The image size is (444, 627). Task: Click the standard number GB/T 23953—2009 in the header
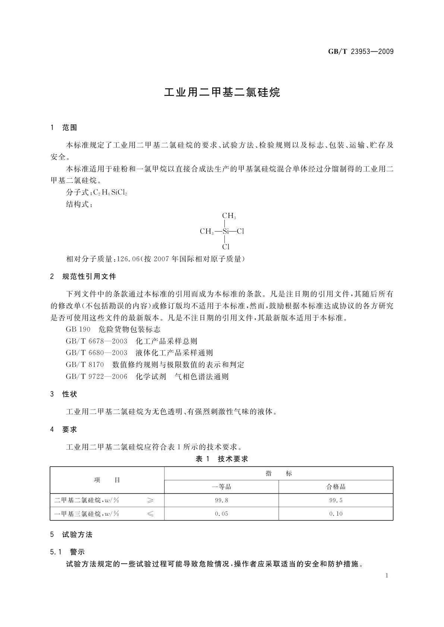pyautogui.click(x=360, y=51)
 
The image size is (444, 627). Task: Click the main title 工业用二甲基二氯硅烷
pyautogui.click(x=222, y=92)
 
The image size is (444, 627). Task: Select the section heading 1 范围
pyautogui.click(x=64, y=128)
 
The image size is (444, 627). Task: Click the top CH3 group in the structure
pyautogui.click(x=229, y=216)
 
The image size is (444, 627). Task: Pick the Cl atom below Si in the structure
pyautogui.click(x=226, y=247)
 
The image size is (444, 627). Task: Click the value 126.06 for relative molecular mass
pyautogui.click(x=129, y=259)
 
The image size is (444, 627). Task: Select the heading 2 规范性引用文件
pyautogui.click(x=83, y=276)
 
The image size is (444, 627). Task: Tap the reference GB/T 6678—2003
pyautogui.click(x=97, y=341)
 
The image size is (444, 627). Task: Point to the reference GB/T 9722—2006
pyautogui.click(x=97, y=376)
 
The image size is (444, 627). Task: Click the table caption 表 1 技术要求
pyautogui.click(x=222, y=459)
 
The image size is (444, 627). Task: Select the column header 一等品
pyautogui.click(x=221, y=487)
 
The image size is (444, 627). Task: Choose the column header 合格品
pyautogui.click(x=336, y=487)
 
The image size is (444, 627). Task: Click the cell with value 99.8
pyautogui.click(x=221, y=500)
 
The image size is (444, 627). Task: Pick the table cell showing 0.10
pyautogui.click(x=336, y=513)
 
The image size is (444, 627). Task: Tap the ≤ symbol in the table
pyautogui.click(x=150, y=514)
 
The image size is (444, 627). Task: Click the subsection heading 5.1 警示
pyautogui.click(x=67, y=552)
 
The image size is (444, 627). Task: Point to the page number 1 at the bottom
pyautogui.click(x=387, y=576)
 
